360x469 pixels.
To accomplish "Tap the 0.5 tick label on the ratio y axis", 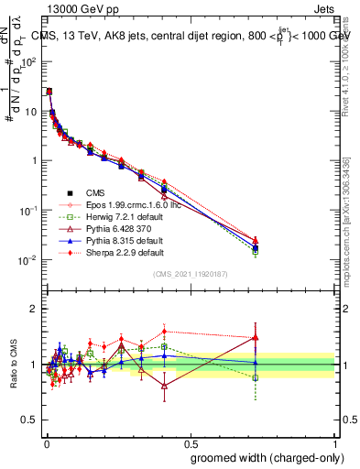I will (x=29, y=421).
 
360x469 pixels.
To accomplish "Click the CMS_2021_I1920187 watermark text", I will (x=190, y=274).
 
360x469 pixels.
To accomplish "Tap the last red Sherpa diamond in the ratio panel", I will (x=256, y=337).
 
